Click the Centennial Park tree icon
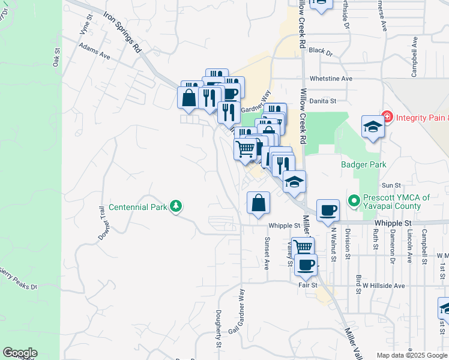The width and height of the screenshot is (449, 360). pyautogui.click(x=176, y=206)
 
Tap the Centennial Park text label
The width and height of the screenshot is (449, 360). pyautogui.click(x=137, y=208)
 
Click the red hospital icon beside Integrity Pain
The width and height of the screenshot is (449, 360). pyautogui.click(x=387, y=116)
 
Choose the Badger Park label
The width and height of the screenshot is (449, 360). pyautogui.click(x=363, y=164)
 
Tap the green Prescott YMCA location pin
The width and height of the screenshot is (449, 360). pyautogui.click(x=354, y=200)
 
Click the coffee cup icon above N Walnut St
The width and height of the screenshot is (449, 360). pyautogui.click(x=328, y=210)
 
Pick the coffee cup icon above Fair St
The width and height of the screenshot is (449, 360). pyautogui.click(x=306, y=264)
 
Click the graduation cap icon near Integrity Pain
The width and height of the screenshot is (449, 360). pyautogui.click(x=373, y=127)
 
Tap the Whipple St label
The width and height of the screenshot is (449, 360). pyautogui.click(x=284, y=226)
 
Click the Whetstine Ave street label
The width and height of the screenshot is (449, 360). pyautogui.click(x=331, y=79)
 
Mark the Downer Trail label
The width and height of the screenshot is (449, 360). pyautogui.click(x=105, y=224)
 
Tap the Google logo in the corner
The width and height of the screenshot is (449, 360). pyautogui.click(x=20, y=353)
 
